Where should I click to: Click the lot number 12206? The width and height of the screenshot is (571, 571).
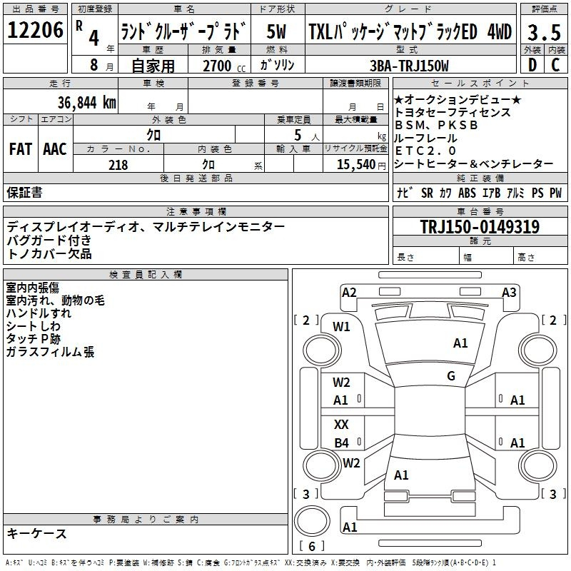click(35, 30)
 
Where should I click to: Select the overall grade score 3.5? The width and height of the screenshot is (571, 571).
click(544, 32)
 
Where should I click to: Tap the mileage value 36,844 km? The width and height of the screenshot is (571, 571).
click(86, 103)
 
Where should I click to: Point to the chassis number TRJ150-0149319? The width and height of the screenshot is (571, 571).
click(480, 226)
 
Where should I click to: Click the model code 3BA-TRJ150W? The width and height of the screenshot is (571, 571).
click(409, 66)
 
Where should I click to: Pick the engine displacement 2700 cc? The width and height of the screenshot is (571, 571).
click(224, 66)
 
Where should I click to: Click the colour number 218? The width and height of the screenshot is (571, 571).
click(118, 165)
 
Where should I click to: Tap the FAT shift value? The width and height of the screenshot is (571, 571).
click(21, 149)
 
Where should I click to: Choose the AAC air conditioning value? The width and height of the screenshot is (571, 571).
click(55, 149)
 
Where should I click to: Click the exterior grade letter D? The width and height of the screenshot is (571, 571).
click(532, 65)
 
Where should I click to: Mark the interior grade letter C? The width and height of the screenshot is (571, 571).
click(556, 65)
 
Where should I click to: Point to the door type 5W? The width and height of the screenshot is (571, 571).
click(276, 31)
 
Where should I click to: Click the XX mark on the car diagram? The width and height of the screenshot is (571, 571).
click(341, 424)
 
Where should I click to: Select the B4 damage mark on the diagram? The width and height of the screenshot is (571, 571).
click(342, 443)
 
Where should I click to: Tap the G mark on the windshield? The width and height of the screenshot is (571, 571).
click(451, 375)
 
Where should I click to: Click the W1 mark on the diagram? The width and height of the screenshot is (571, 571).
click(341, 327)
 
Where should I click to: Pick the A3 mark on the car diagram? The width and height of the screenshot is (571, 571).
click(509, 293)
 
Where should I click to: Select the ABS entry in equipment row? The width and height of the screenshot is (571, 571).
click(467, 193)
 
